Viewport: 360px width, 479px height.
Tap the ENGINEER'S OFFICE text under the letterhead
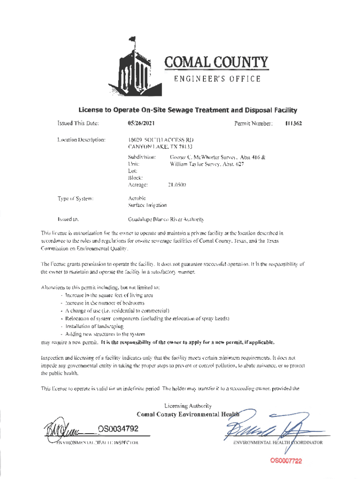pyautogui.click(x=218, y=79)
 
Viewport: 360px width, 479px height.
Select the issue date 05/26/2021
pyautogui.click(x=142, y=124)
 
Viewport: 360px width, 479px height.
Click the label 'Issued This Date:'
pyautogui.click(x=77, y=124)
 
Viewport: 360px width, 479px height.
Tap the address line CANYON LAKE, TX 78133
pyautogui.click(x=154, y=147)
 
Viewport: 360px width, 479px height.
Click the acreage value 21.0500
pyautogui.click(x=177, y=185)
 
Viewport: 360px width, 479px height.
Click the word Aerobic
pyautogui.click(x=137, y=198)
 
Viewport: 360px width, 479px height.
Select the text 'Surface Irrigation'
pyautogui.click(x=147, y=205)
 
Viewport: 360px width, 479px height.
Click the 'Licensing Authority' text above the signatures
pyautogui.click(x=188, y=406)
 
